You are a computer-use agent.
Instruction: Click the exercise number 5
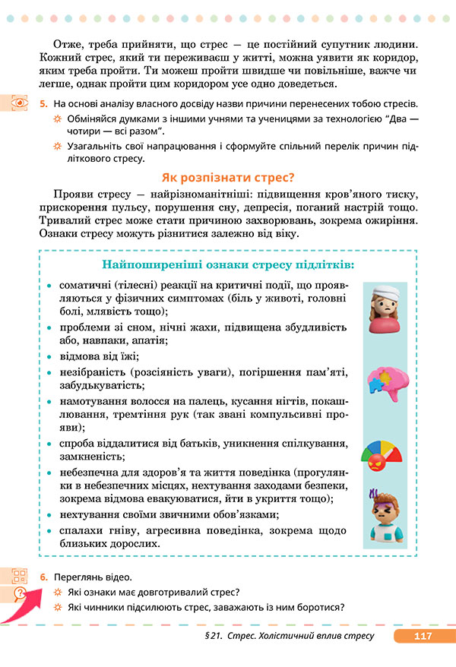click(44, 103)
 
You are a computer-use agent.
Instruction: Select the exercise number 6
click(44, 577)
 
